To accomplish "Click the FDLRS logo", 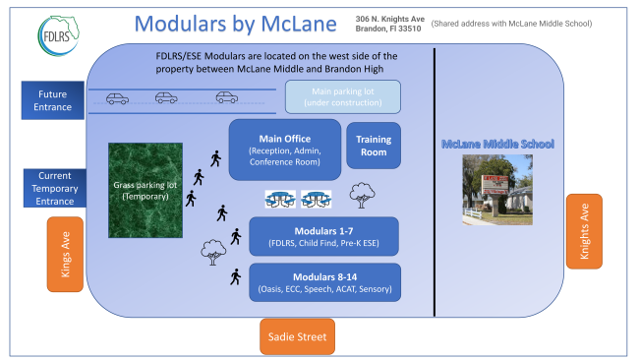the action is [59, 35].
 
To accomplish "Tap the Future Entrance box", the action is [52, 100].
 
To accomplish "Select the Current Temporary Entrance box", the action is [55, 188].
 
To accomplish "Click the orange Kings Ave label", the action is [65, 255].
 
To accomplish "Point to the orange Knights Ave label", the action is [584, 231].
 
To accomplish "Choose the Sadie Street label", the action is [298, 336].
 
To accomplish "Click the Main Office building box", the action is [285, 150].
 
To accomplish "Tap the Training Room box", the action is [374, 146].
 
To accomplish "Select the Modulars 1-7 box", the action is [324, 236].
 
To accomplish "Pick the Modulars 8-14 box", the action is [324, 282].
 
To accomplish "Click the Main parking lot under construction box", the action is [343, 97].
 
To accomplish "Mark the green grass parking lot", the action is [145, 191].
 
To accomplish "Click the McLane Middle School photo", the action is [497, 190].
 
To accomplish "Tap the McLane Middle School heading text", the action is [497, 144].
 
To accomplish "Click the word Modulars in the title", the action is [180, 24].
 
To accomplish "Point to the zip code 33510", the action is [409, 29].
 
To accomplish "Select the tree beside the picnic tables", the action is [362, 196].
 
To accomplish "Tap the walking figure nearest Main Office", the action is [215, 158].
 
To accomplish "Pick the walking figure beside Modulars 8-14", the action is [236, 276].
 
